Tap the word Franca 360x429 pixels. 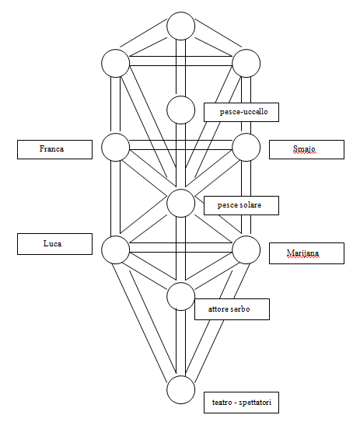52,148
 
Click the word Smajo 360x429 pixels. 304,148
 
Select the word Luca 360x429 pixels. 52,243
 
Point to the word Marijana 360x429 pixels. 302,253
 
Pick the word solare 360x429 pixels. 250,205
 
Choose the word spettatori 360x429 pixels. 255,403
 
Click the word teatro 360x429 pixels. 222,403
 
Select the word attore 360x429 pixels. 218,309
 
